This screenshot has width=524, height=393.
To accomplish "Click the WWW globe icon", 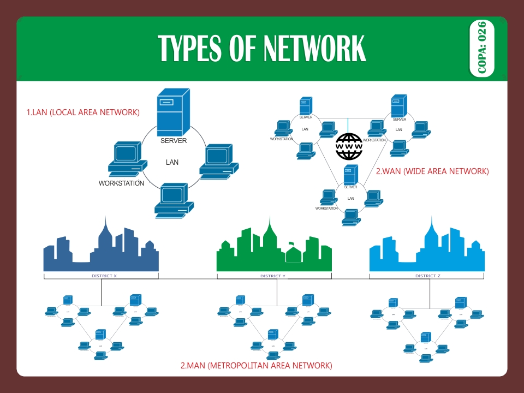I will coord(349,146).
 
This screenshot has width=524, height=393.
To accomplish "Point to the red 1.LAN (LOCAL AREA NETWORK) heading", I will coord(84,112).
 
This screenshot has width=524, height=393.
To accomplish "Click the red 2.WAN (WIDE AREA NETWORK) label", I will coord(432,171).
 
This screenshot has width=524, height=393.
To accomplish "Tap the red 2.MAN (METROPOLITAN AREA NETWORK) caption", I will coord(256,365).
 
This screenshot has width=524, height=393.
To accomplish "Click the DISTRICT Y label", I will coord(273,276).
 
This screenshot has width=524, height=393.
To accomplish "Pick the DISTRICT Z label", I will coord(427,276).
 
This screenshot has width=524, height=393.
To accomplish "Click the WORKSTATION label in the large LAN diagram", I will coord(121,183).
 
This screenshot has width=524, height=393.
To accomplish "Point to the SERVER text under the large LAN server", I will coord(174,141).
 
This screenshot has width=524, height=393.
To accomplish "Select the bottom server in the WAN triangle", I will coord(350,175).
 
